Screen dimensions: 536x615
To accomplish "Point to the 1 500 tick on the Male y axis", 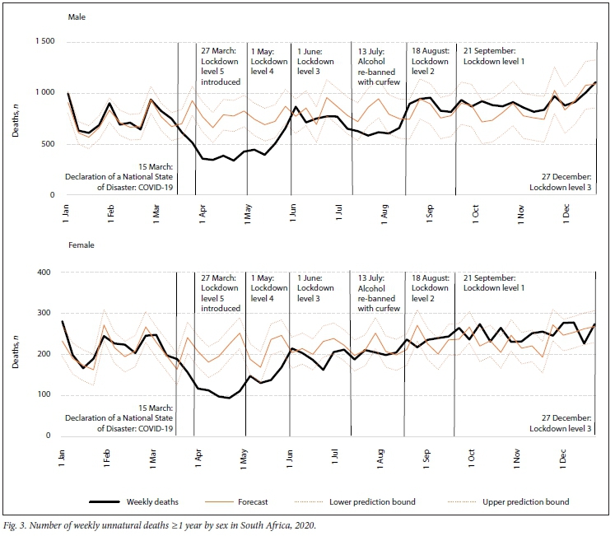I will click(44, 42).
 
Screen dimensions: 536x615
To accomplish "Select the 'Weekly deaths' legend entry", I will click(151, 501).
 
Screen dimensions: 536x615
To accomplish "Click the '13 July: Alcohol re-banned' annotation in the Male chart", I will click(379, 66).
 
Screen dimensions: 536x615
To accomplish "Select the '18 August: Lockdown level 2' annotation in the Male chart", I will click(430, 61).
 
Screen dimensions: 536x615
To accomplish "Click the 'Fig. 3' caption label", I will click(17, 524).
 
